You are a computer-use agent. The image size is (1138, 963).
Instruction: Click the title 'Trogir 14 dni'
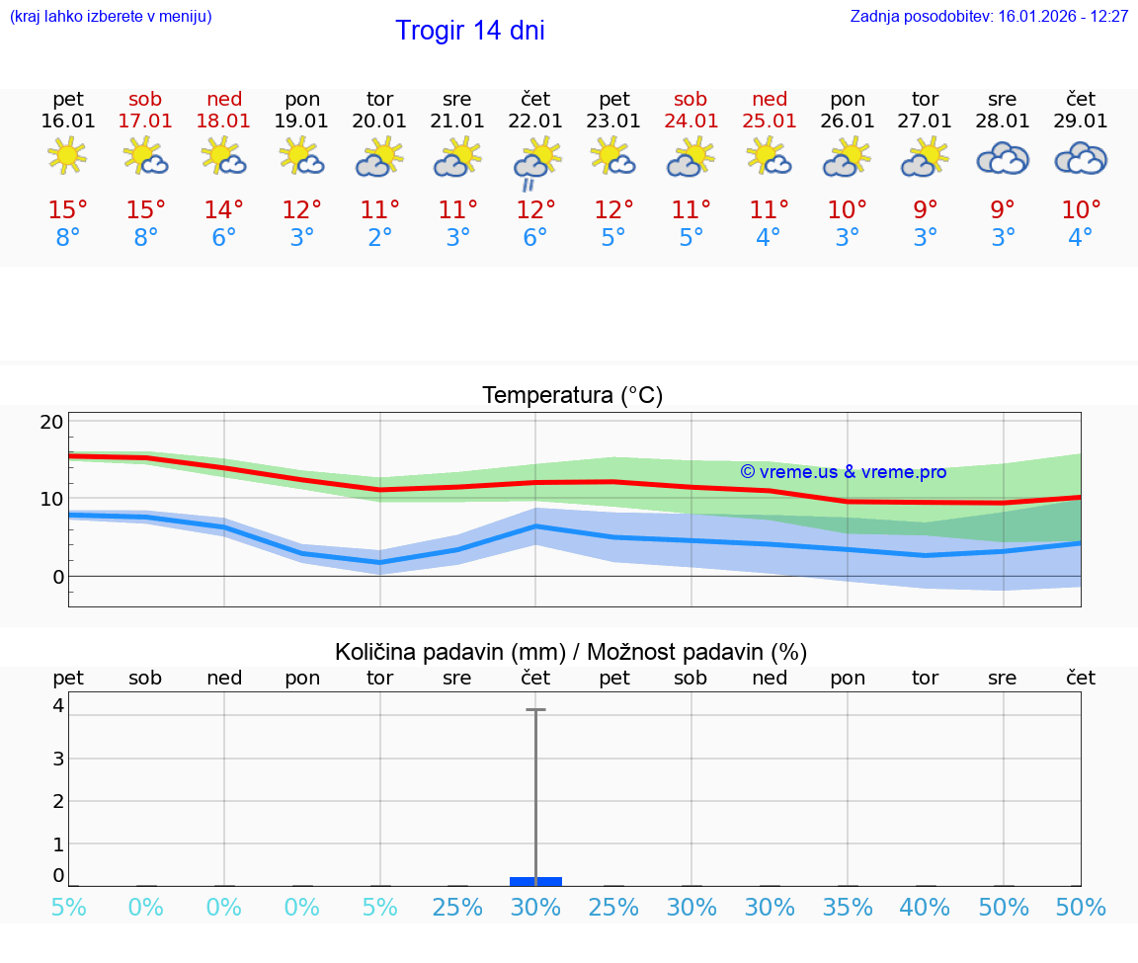tap(469, 31)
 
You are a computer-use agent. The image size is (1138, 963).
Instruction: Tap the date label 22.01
tap(535, 121)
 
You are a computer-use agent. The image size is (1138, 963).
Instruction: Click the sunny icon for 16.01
tap(67, 156)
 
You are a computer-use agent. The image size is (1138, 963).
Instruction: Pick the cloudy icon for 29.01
tap(1081, 158)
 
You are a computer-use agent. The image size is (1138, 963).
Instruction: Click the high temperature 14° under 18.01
tap(224, 210)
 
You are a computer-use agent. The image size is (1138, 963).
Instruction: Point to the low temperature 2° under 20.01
tap(380, 238)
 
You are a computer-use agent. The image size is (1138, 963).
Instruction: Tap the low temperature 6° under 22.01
tap(535, 238)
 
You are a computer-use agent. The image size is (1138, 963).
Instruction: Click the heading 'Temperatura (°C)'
tap(572, 396)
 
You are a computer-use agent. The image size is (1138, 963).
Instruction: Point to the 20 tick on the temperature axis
tap(51, 422)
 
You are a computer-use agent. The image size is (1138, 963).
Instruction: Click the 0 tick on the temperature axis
tap(57, 576)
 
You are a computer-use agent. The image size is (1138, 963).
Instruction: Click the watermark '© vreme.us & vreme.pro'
tap(843, 472)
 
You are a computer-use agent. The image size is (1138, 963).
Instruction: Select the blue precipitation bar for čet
tap(535, 881)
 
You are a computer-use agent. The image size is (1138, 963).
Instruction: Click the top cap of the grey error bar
tap(535, 709)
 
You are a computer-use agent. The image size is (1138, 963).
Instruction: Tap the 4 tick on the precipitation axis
tap(58, 705)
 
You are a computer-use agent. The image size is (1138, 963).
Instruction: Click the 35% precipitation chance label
tap(848, 907)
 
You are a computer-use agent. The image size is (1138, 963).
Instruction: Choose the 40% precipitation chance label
tap(925, 907)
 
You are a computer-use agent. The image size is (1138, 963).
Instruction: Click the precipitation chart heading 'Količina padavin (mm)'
tap(449, 652)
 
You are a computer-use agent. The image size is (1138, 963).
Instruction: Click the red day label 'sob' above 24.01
tap(691, 100)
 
